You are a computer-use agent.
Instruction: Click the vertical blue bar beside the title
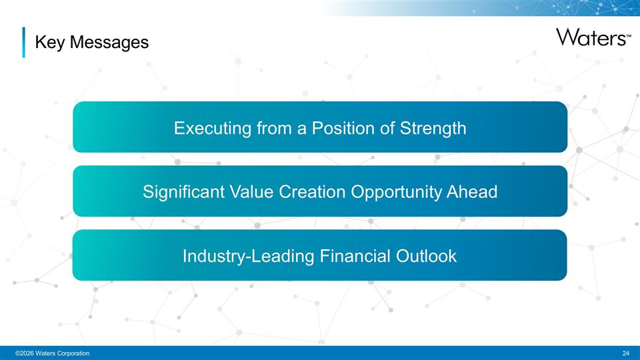coord(23,42)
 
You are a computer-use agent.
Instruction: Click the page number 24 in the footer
coord(625,352)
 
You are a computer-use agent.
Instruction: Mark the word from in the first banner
coord(275,127)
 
